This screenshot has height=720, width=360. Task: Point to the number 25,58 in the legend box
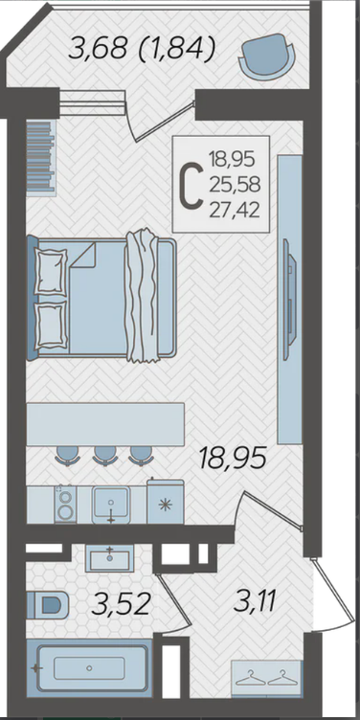235,185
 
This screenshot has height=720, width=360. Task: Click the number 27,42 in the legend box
235,211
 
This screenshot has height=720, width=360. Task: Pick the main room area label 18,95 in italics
233,458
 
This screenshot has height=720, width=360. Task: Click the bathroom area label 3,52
121,603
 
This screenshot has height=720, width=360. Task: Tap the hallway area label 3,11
255,600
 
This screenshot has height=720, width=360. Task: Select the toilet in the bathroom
47,605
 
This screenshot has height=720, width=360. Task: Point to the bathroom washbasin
110,558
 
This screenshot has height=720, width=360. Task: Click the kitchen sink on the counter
111,505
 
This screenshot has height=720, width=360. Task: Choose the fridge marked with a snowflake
165,502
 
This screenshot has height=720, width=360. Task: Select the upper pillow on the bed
51,271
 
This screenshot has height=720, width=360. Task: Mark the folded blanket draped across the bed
142,296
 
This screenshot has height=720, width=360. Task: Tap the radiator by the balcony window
40,156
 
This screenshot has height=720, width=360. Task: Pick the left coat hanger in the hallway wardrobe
249,678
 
